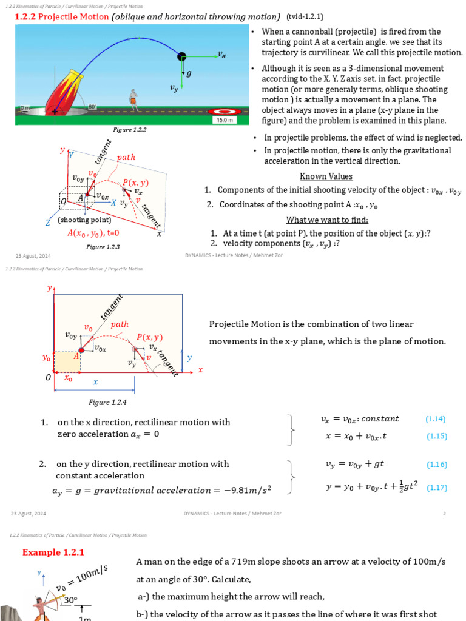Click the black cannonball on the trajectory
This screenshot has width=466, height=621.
point(182,56)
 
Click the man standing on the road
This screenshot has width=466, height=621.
point(133,99)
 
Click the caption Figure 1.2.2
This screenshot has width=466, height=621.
point(130,130)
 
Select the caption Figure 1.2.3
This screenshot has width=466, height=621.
point(103,247)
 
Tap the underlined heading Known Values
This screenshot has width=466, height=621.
point(326,176)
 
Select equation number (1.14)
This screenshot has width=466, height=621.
point(436,419)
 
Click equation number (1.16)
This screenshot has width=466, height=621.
point(436,465)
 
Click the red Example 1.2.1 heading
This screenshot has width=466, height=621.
point(53,552)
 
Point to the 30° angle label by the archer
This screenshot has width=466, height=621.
point(71,600)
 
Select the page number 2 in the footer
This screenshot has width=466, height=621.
point(444,514)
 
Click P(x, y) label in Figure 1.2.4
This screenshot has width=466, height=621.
point(149,337)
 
